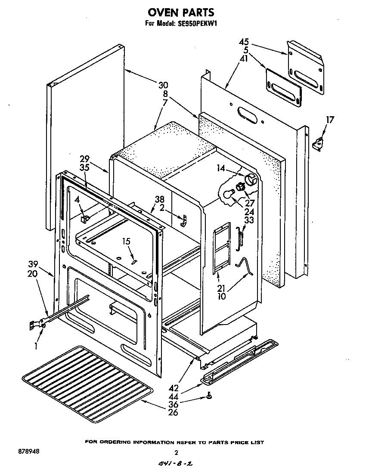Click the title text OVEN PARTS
[x=181, y=13]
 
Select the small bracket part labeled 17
[x=319, y=143]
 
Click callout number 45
[x=244, y=42]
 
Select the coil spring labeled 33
[x=241, y=238]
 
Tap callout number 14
[x=221, y=169]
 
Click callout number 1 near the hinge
[x=37, y=345]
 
